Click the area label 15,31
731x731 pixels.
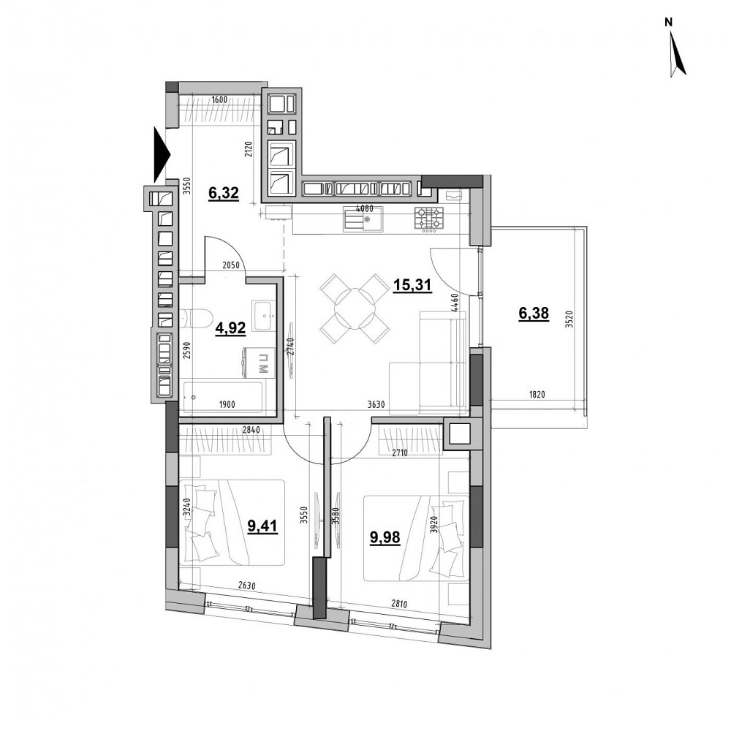click(x=412, y=284)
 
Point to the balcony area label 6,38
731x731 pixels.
click(x=534, y=314)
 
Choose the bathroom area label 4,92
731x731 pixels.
click(x=230, y=328)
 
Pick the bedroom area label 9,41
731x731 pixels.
click(x=262, y=526)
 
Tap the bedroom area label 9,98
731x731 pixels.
click(x=385, y=537)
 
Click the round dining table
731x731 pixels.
click(x=355, y=308)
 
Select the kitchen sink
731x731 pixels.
click(x=363, y=219)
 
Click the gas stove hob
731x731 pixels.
click(x=429, y=219)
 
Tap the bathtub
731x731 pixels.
click(x=223, y=398)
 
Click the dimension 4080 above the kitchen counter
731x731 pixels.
click(x=365, y=208)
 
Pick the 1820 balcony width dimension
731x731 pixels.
click(x=537, y=395)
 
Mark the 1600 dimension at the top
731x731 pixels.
click(x=219, y=99)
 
